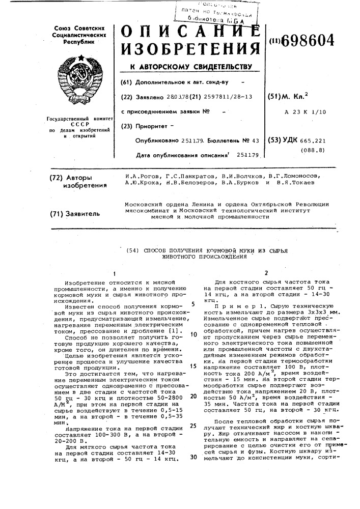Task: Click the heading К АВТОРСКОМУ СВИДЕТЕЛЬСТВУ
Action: click(188, 67)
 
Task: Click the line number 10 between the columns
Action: click(193, 334)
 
